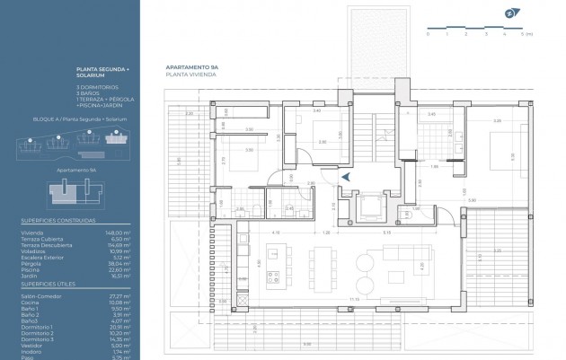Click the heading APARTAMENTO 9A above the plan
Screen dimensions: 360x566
[x=191, y=68]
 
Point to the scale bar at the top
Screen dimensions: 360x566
[x=466, y=27]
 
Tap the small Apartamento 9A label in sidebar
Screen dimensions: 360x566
[x=76, y=168]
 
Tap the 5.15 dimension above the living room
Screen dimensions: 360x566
[x=385, y=233]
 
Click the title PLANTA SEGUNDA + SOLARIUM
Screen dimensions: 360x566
[x=103, y=72]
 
